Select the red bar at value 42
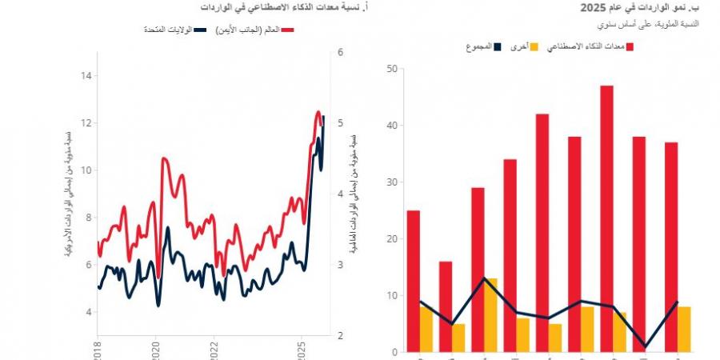[x=542, y=232]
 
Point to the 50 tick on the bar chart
[x=391, y=69]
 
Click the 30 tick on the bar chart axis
[x=391, y=182]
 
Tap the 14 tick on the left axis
[x=86, y=76]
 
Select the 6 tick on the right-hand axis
[x=341, y=53]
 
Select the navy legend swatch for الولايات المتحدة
[x=201, y=30]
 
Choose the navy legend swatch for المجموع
[x=497, y=47]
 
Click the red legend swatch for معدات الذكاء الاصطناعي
[x=630, y=47]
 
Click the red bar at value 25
[x=413, y=281]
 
